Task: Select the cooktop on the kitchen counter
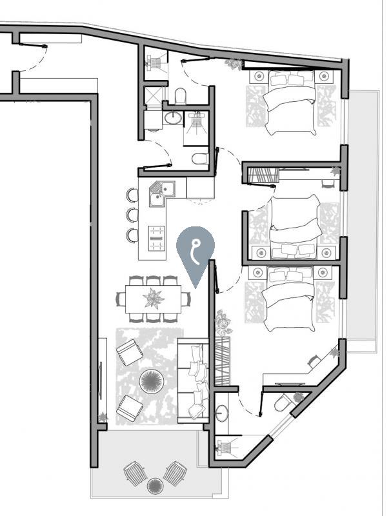point(157,239)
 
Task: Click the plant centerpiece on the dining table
point(154,299)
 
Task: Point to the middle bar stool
point(132,215)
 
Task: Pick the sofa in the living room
point(193,383)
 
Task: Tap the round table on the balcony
point(154,485)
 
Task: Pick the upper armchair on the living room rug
point(129,352)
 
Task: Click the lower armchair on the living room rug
point(130,407)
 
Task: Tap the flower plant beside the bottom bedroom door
point(224,321)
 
